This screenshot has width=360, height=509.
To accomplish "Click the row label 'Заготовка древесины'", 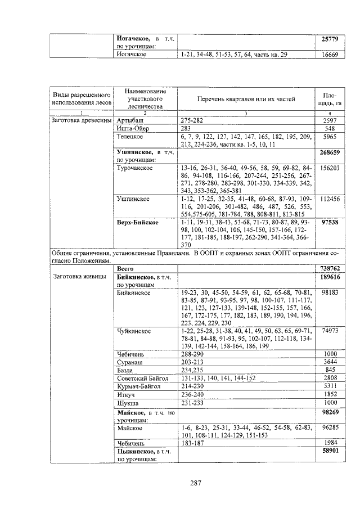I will tap(82, 120).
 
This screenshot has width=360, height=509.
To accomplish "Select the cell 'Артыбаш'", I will tap(130, 120).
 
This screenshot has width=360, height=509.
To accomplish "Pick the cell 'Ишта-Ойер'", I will tap(132, 128).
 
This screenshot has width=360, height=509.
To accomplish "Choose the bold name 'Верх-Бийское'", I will tap(137, 222).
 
